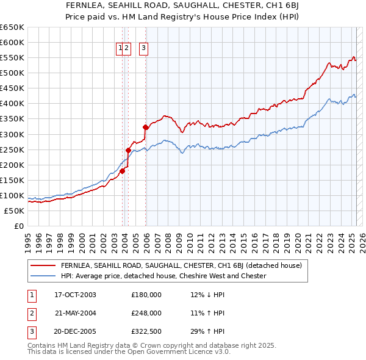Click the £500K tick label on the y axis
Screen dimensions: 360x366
pos(13,73)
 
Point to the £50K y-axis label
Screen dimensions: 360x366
pos(15,211)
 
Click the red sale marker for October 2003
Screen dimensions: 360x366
pos(123,171)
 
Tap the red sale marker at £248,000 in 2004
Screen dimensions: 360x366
pos(129,150)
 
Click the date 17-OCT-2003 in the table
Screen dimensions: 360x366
pos(76,295)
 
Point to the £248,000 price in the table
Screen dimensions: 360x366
pos(146,313)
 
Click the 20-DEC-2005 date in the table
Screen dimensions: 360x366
pos(76,332)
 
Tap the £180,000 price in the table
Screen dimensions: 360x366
pos(146,295)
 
